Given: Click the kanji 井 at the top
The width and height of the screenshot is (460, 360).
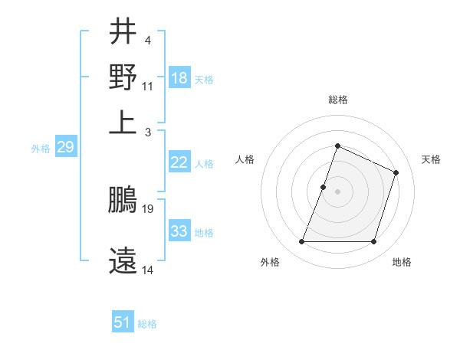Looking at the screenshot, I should tap(123, 31).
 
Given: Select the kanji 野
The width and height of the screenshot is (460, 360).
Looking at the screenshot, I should tap(123, 76).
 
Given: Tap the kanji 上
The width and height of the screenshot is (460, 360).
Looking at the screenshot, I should tap(123, 121).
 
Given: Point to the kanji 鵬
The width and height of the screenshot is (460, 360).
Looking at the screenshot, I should tap(123, 201).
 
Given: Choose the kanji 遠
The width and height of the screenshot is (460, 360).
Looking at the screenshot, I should tap(123, 260).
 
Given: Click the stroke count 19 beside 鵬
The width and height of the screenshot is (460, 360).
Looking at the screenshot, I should tap(149, 208).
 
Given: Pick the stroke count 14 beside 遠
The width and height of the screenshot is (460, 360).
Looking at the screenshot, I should tap(148, 270).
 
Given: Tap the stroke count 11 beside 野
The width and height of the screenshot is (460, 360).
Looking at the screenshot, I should tap(148, 86).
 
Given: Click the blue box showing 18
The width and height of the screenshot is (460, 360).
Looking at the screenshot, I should tap(179, 77).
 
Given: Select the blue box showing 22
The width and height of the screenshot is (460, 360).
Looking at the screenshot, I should tap(179, 162).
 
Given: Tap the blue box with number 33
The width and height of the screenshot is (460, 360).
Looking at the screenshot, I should tap(179, 231).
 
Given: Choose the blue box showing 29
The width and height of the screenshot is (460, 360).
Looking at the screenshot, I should tap(65, 147).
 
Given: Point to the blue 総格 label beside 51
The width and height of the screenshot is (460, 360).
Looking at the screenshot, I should tap(147, 324).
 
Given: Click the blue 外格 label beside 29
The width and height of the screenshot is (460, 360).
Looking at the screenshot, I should tap(40, 149).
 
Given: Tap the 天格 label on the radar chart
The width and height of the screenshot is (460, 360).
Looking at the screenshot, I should tap(431, 159).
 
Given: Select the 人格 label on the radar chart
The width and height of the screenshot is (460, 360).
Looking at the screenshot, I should tap(245, 159).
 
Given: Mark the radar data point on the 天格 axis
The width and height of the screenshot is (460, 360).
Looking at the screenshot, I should tap(396, 173).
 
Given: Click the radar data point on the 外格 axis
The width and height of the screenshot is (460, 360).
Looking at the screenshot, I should tap(301, 242).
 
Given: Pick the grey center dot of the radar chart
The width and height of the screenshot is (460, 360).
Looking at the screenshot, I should tap(337, 191).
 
